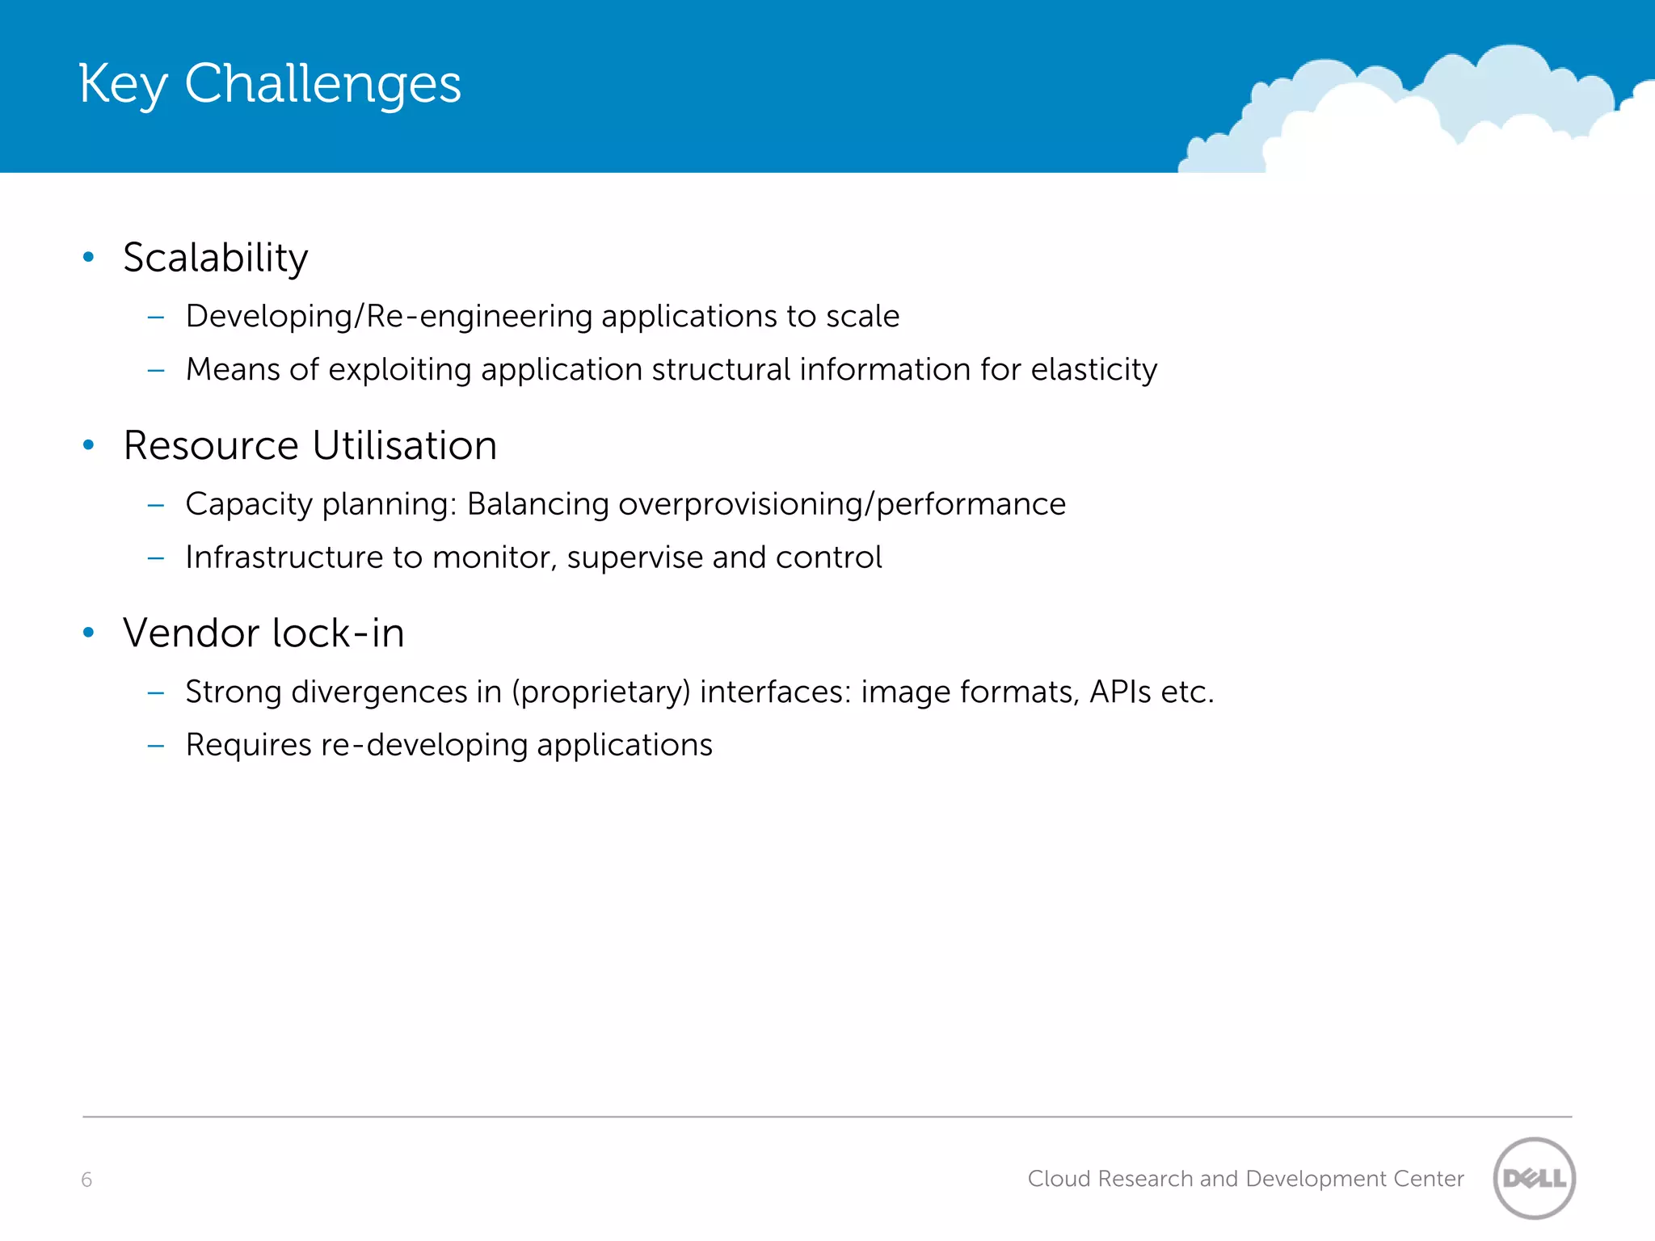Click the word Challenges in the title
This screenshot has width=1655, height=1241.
click(x=322, y=84)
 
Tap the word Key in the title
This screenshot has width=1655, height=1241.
click(x=123, y=84)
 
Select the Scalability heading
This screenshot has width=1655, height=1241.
click(x=215, y=258)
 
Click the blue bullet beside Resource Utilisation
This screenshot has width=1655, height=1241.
click(x=89, y=444)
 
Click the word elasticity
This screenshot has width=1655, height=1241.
click(x=1093, y=369)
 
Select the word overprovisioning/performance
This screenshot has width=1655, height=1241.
click(x=841, y=504)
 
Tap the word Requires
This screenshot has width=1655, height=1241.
click(x=248, y=745)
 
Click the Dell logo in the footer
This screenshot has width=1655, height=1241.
click(x=1534, y=1178)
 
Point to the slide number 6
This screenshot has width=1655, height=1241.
click(x=86, y=1180)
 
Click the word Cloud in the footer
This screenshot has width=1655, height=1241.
click(x=1059, y=1179)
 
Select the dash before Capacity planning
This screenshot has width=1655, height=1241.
click(x=156, y=505)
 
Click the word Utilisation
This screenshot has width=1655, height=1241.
click(x=404, y=445)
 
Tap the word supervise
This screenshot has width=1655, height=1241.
click(x=634, y=558)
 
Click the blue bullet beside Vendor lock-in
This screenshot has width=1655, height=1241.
click(x=89, y=632)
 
